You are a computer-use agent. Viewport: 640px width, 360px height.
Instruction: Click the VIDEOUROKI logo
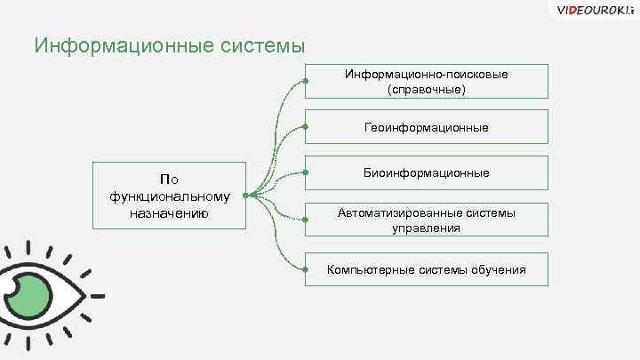tap(592, 11)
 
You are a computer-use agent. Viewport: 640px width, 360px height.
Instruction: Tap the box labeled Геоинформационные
tap(426, 128)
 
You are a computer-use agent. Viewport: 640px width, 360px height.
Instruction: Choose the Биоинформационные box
tap(426, 172)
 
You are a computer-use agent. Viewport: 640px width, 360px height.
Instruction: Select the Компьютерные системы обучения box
tap(426, 269)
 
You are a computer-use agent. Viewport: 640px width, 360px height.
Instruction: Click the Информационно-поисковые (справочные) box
tap(426, 81)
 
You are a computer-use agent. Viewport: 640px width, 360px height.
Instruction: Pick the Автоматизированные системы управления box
tap(426, 220)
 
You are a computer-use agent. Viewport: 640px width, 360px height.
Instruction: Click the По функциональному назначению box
tap(169, 196)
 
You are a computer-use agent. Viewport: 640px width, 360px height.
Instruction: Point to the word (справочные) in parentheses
tap(427, 90)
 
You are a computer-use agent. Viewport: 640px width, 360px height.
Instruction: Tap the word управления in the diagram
tap(427, 228)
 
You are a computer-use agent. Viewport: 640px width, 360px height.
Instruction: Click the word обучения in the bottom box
tap(498, 269)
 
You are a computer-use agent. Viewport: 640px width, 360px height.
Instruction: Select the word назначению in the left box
tap(169, 213)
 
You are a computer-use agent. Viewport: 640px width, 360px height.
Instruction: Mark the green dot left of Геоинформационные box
tap(305, 128)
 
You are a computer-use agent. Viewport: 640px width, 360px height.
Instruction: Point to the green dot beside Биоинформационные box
tap(305, 171)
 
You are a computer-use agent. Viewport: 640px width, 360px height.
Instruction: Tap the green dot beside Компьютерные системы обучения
tap(305, 269)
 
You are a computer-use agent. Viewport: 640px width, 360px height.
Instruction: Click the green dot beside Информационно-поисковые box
tap(305, 81)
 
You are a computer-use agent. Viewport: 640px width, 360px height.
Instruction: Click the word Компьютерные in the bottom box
tap(365, 269)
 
